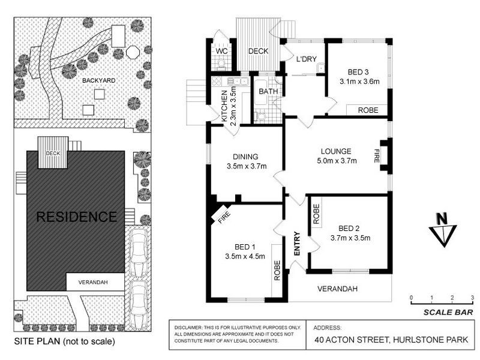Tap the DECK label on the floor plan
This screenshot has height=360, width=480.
258,52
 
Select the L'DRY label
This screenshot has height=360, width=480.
305,59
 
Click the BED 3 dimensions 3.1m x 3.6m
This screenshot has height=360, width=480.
359,82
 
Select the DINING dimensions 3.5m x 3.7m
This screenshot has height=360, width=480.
246,166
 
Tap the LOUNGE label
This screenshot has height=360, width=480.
336,151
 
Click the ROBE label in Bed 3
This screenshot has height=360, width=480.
368,110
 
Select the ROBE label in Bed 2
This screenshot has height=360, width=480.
316,214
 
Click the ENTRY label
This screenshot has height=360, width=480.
296,244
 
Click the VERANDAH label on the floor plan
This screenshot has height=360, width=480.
338,289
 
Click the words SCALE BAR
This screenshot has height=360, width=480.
448,312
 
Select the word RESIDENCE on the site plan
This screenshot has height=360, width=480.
76,217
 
